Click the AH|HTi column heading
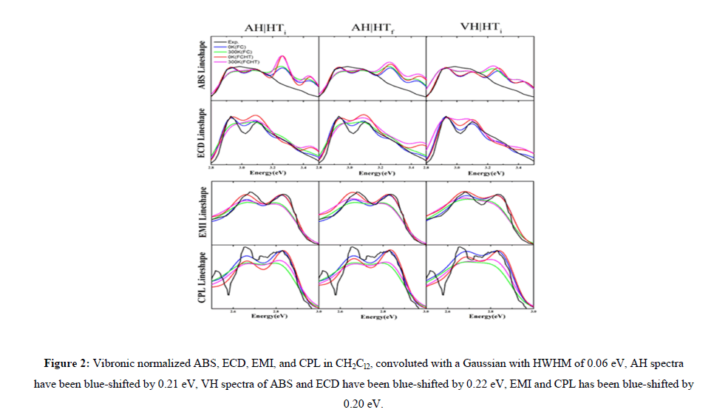pyautogui.click(x=266, y=29)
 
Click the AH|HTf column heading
pyautogui.click(x=372, y=29)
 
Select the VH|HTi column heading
pyautogui.click(x=481, y=29)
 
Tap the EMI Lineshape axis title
pyautogui.click(x=201, y=215)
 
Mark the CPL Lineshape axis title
pyautogui.click(x=201, y=279)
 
